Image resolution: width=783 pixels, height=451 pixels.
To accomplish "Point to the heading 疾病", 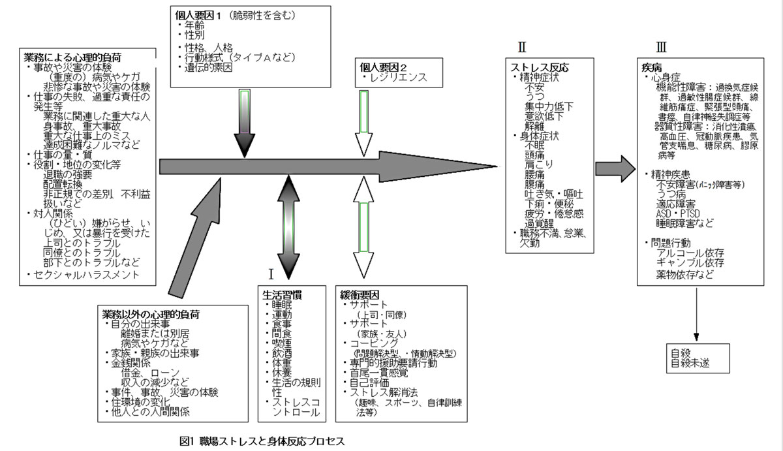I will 652,67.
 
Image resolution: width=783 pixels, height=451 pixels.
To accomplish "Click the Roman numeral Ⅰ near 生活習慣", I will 270,271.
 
